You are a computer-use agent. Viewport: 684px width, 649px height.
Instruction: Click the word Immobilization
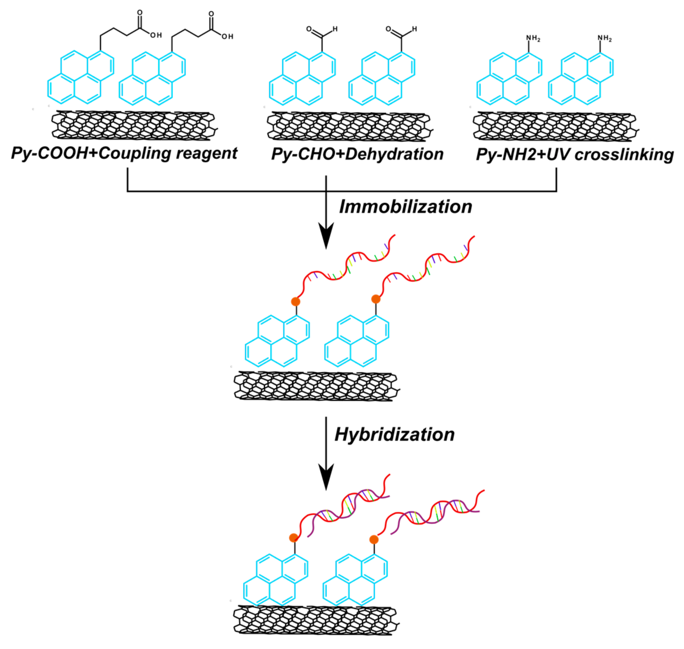point(405,207)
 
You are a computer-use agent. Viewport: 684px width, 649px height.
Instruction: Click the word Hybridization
point(395,434)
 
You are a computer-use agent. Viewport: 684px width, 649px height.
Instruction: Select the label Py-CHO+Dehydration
point(357,154)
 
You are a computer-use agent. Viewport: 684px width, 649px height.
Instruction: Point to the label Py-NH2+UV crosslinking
point(575,155)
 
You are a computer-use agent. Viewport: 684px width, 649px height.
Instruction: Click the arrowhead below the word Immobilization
point(326,235)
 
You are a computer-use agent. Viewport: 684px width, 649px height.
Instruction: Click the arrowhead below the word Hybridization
point(326,477)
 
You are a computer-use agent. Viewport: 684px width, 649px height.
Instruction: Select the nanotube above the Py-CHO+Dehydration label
point(349,126)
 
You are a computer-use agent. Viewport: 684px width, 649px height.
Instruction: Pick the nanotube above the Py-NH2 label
point(555,126)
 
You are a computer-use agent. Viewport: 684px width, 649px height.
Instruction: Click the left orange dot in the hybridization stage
point(294,538)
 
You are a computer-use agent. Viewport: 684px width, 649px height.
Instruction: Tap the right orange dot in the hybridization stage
point(374,539)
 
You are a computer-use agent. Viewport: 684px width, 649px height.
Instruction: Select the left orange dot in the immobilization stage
point(295,301)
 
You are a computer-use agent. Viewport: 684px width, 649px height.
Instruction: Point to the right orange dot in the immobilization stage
point(375,299)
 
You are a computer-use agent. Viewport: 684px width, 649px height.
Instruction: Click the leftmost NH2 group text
point(533,38)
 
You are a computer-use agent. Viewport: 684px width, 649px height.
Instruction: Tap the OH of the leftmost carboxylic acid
point(156,35)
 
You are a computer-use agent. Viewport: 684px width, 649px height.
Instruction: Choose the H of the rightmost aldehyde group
point(415,29)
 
